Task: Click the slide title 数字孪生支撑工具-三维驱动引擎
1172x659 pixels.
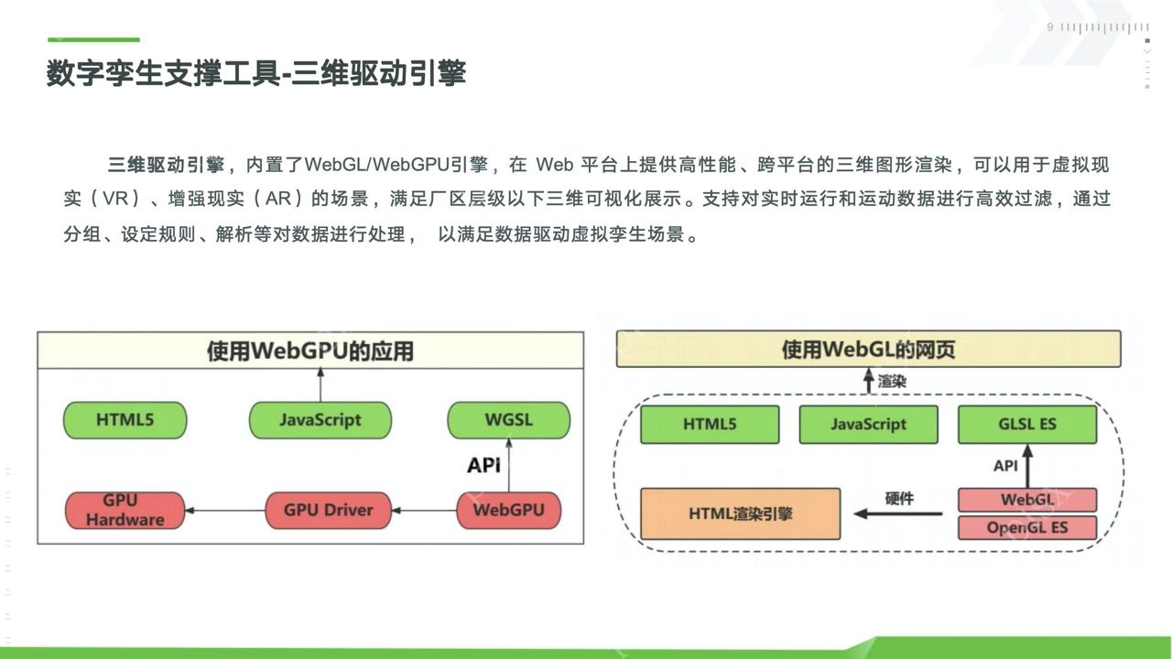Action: [256, 73]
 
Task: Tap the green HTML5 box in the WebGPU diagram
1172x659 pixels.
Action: [125, 420]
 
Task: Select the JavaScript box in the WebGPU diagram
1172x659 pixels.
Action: [320, 420]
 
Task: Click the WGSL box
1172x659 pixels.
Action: [508, 420]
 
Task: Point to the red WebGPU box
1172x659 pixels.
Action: [508, 510]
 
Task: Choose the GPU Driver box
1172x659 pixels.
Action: [328, 510]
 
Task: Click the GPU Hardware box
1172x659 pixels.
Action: [125, 510]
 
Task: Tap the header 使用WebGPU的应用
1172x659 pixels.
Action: [309, 351]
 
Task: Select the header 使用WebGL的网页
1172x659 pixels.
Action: [868, 349]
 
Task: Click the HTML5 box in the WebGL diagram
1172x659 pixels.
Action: [710, 425]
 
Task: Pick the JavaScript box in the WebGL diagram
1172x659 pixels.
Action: [868, 425]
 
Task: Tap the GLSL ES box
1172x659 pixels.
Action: [1026, 425]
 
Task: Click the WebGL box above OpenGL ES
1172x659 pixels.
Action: [1026, 500]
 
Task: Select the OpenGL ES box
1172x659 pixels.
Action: [1026, 528]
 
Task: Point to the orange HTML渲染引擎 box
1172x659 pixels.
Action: [741, 513]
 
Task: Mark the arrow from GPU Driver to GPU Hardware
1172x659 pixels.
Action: [224, 511]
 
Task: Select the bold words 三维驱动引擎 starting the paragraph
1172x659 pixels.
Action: [166, 166]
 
